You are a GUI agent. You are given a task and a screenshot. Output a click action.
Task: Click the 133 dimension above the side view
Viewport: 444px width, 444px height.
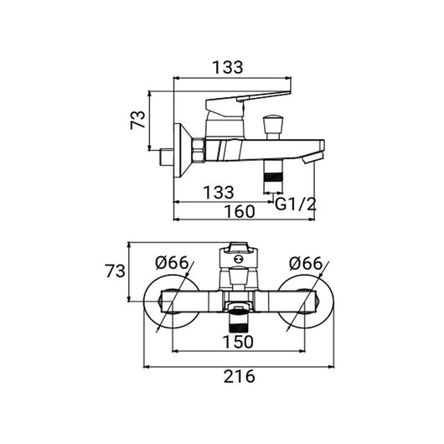(228, 67)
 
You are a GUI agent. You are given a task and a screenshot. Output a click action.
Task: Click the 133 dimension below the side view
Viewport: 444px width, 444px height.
(219, 193)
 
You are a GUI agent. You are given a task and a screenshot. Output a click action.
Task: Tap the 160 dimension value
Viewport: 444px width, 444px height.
(240, 211)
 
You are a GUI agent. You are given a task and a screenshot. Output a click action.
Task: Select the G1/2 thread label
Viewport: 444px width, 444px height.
(296, 204)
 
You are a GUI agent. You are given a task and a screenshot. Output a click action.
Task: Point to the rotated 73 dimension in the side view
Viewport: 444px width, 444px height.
(137, 120)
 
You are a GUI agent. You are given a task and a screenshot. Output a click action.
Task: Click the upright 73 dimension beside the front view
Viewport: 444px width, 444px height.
(115, 271)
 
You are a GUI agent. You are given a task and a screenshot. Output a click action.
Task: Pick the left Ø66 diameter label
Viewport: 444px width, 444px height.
(172, 263)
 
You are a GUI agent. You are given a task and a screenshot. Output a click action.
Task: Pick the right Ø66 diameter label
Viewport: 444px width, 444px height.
(306, 263)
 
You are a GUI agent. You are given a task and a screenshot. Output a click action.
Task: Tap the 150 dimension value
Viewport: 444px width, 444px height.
(238, 342)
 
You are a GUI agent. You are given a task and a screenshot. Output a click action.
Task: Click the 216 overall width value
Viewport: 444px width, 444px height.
(240, 376)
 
